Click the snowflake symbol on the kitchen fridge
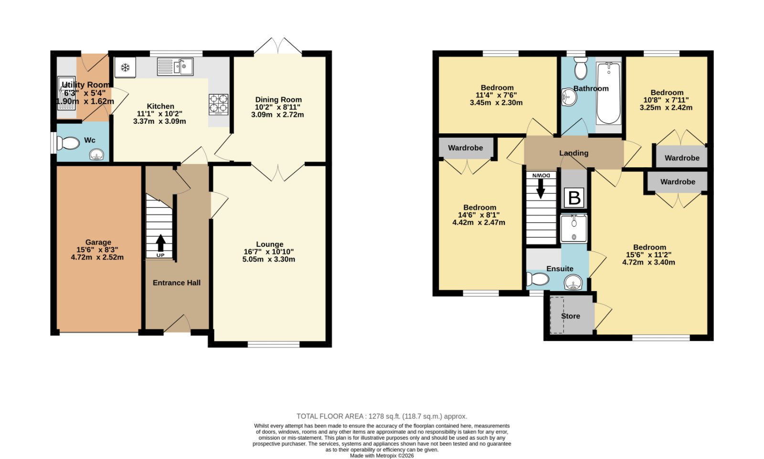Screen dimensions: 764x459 click(125, 67)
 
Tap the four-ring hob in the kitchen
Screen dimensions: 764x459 click(219, 104)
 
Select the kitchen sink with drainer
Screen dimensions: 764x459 click(175, 66)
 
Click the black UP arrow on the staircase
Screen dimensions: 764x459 click(160, 243)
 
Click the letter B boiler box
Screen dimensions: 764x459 click(574, 198)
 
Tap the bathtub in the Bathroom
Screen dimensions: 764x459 click(608, 93)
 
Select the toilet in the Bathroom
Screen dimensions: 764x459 click(581, 68)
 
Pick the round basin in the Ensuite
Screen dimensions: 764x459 click(573, 283)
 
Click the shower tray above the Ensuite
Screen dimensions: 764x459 click(573, 229)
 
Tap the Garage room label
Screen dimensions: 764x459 click(98, 242)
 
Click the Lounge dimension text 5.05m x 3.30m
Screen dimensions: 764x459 click(269, 259)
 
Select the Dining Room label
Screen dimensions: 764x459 click(278, 100)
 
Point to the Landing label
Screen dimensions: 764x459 click(573, 153)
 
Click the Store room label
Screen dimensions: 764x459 click(571, 316)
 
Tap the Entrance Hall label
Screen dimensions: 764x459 click(177, 283)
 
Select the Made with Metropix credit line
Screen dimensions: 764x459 click(382, 456)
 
